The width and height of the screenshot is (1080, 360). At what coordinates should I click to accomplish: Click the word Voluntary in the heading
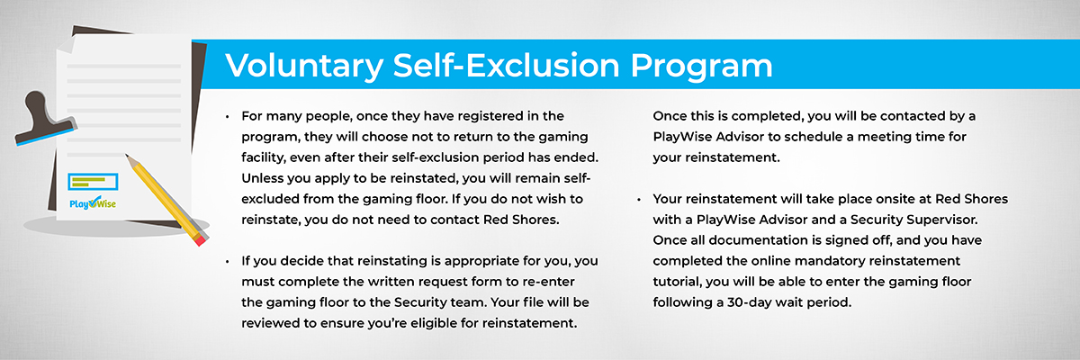pyautogui.click(x=304, y=66)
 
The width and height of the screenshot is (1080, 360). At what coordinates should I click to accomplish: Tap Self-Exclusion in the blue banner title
pyautogui.click(x=506, y=65)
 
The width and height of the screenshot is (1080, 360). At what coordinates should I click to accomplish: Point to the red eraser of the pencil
pyautogui.click(x=201, y=239)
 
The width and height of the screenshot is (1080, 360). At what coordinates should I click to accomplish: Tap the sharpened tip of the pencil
pyautogui.click(x=127, y=156)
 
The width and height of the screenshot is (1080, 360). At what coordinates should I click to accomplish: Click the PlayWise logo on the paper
pyautogui.click(x=93, y=202)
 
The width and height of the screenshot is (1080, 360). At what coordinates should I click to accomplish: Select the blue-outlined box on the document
pyautogui.click(x=93, y=182)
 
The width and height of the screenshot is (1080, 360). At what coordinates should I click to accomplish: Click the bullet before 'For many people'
pyautogui.click(x=227, y=117)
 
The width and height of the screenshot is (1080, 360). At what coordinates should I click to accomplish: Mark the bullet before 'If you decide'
pyautogui.click(x=227, y=262)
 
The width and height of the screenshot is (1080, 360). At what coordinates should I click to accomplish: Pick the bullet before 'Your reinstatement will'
pyautogui.click(x=639, y=200)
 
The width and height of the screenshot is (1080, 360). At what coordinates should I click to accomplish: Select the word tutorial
pyautogui.click(x=677, y=282)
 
